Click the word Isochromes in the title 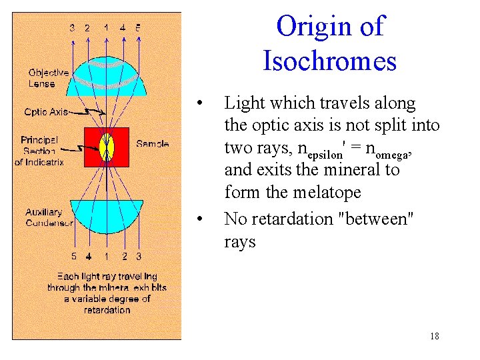tap(330, 61)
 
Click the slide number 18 tap(434, 336)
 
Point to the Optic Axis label tap(46, 112)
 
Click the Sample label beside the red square tap(153, 143)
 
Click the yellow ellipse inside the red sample tap(107, 147)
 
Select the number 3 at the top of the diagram tap(72, 28)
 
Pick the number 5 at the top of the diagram tap(138, 28)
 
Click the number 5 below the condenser tap(73, 256)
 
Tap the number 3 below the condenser tap(138, 256)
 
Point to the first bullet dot tap(198, 103)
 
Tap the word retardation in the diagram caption tap(107, 310)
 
